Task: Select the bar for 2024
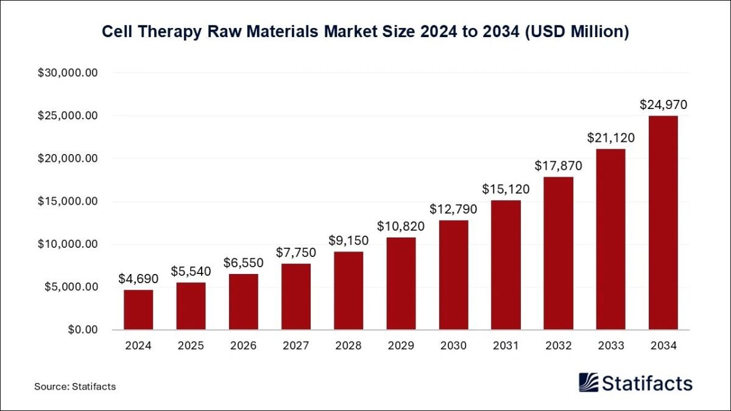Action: point(138,310)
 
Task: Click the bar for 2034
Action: point(663,223)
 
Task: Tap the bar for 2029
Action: point(401,284)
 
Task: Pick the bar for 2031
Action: point(506,265)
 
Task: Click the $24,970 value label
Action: point(663,105)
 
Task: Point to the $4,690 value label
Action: point(138,279)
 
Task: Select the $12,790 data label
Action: point(453,209)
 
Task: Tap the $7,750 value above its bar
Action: point(295,253)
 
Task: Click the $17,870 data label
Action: point(558,166)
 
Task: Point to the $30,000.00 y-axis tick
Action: point(68,73)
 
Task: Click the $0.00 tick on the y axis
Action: point(82,330)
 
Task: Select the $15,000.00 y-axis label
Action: point(68,202)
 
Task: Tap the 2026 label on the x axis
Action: point(243,346)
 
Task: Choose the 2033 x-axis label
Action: point(610,346)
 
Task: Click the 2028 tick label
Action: point(348,346)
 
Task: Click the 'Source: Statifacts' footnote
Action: point(75,386)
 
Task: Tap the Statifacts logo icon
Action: point(588,382)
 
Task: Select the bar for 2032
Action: point(558,253)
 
